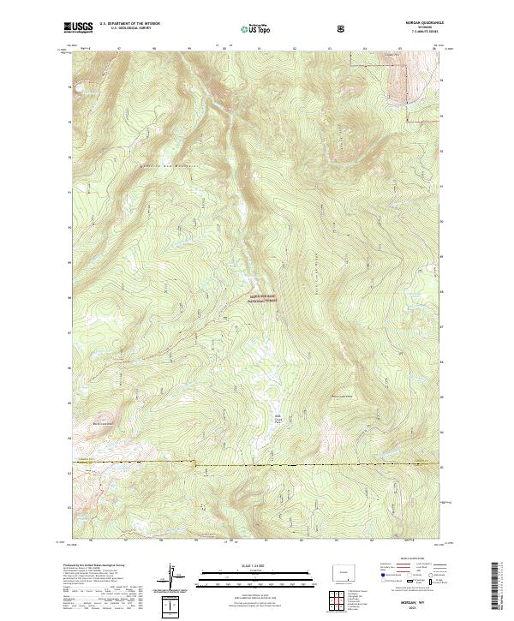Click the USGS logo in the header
click(79, 27)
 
